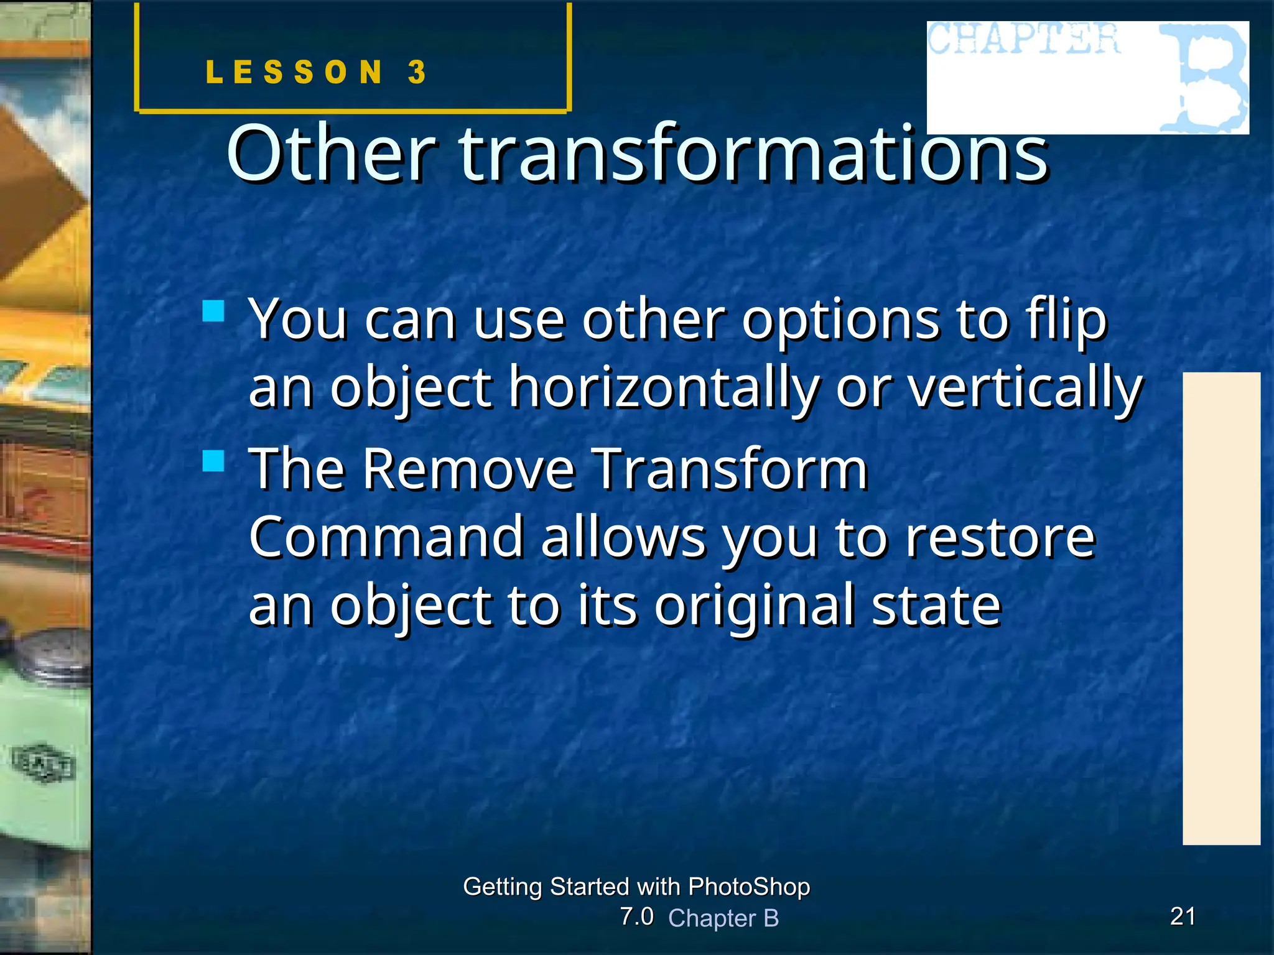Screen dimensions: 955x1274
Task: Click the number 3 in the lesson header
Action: point(417,72)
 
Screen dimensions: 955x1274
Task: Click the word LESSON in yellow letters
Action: point(294,72)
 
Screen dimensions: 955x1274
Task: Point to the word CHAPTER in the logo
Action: point(1024,39)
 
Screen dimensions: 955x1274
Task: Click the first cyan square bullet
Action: point(213,311)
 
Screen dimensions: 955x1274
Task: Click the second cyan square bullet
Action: point(213,461)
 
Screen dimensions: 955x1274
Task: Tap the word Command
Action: point(386,537)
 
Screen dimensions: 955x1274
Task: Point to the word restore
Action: point(999,537)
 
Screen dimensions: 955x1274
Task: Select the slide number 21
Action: point(1183,916)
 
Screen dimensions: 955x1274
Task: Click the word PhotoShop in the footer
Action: point(749,887)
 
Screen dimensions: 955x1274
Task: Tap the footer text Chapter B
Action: point(723,918)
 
